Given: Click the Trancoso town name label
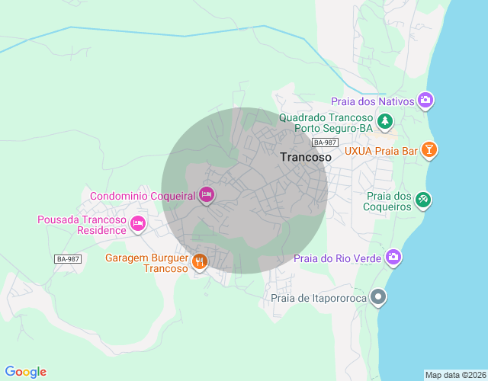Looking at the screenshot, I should (306, 157).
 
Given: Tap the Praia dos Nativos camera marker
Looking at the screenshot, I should (425, 101).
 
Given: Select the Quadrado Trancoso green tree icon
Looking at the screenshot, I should (386, 120).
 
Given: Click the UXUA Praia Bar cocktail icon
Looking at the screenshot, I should (430, 150).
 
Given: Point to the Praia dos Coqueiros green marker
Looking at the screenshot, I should (423, 200).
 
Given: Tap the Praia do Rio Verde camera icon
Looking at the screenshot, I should (393, 258).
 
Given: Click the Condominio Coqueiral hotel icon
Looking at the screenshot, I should (206, 196).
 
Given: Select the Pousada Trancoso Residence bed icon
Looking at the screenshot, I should (137, 224).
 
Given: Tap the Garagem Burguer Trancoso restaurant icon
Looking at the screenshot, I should (199, 263).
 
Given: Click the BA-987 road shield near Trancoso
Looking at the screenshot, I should (325, 142).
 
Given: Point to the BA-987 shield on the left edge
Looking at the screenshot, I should (68, 259).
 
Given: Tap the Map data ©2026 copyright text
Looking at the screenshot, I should (454, 375).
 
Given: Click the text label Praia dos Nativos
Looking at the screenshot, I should (372, 101).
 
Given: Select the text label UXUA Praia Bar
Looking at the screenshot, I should (381, 151).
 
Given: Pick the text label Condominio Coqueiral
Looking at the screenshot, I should (143, 196).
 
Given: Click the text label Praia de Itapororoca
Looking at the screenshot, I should (319, 298).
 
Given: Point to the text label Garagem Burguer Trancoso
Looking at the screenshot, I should (146, 263).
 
